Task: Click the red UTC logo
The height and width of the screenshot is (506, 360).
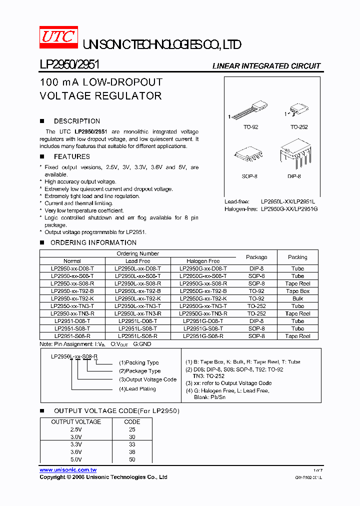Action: pyautogui.click(x=58, y=38)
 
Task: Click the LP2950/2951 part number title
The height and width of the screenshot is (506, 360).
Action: pyautogui.click(x=69, y=65)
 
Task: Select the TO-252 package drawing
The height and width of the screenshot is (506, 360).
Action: pyautogui.click(x=298, y=110)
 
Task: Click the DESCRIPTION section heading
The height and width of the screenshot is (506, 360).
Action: pyautogui.click(x=76, y=121)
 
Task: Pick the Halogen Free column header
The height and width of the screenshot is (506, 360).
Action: pyautogui.click(x=203, y=261)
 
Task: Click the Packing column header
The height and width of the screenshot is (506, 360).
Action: pyautogui.click(x=297, y=257)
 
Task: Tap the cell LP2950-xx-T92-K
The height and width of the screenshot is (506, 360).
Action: pyautogui.click(x=72, y=298)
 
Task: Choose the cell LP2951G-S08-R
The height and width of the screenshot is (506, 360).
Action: pyautogui.click(x=203, y=336)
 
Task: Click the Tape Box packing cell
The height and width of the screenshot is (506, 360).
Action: pyautogui.click(x=297, y=291)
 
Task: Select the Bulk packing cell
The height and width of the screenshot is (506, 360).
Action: pyautogui.click(x=297, y=298)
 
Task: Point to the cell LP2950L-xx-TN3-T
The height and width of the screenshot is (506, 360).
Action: pyautogui.click(x=137, y=306)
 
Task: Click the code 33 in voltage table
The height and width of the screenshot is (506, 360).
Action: pyautogui.click(x=132, y=444)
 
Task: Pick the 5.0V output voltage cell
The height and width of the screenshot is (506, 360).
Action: pyautogui.click(x=76, y=459)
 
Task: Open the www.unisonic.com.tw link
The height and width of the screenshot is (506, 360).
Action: pyautogui.click(x=68, y=470)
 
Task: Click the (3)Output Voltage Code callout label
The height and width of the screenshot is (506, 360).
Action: pyautogui.click(x=147, y=379)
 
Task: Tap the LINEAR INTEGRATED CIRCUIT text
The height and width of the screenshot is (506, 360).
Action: pyautogui.click(x=266, y=66)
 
